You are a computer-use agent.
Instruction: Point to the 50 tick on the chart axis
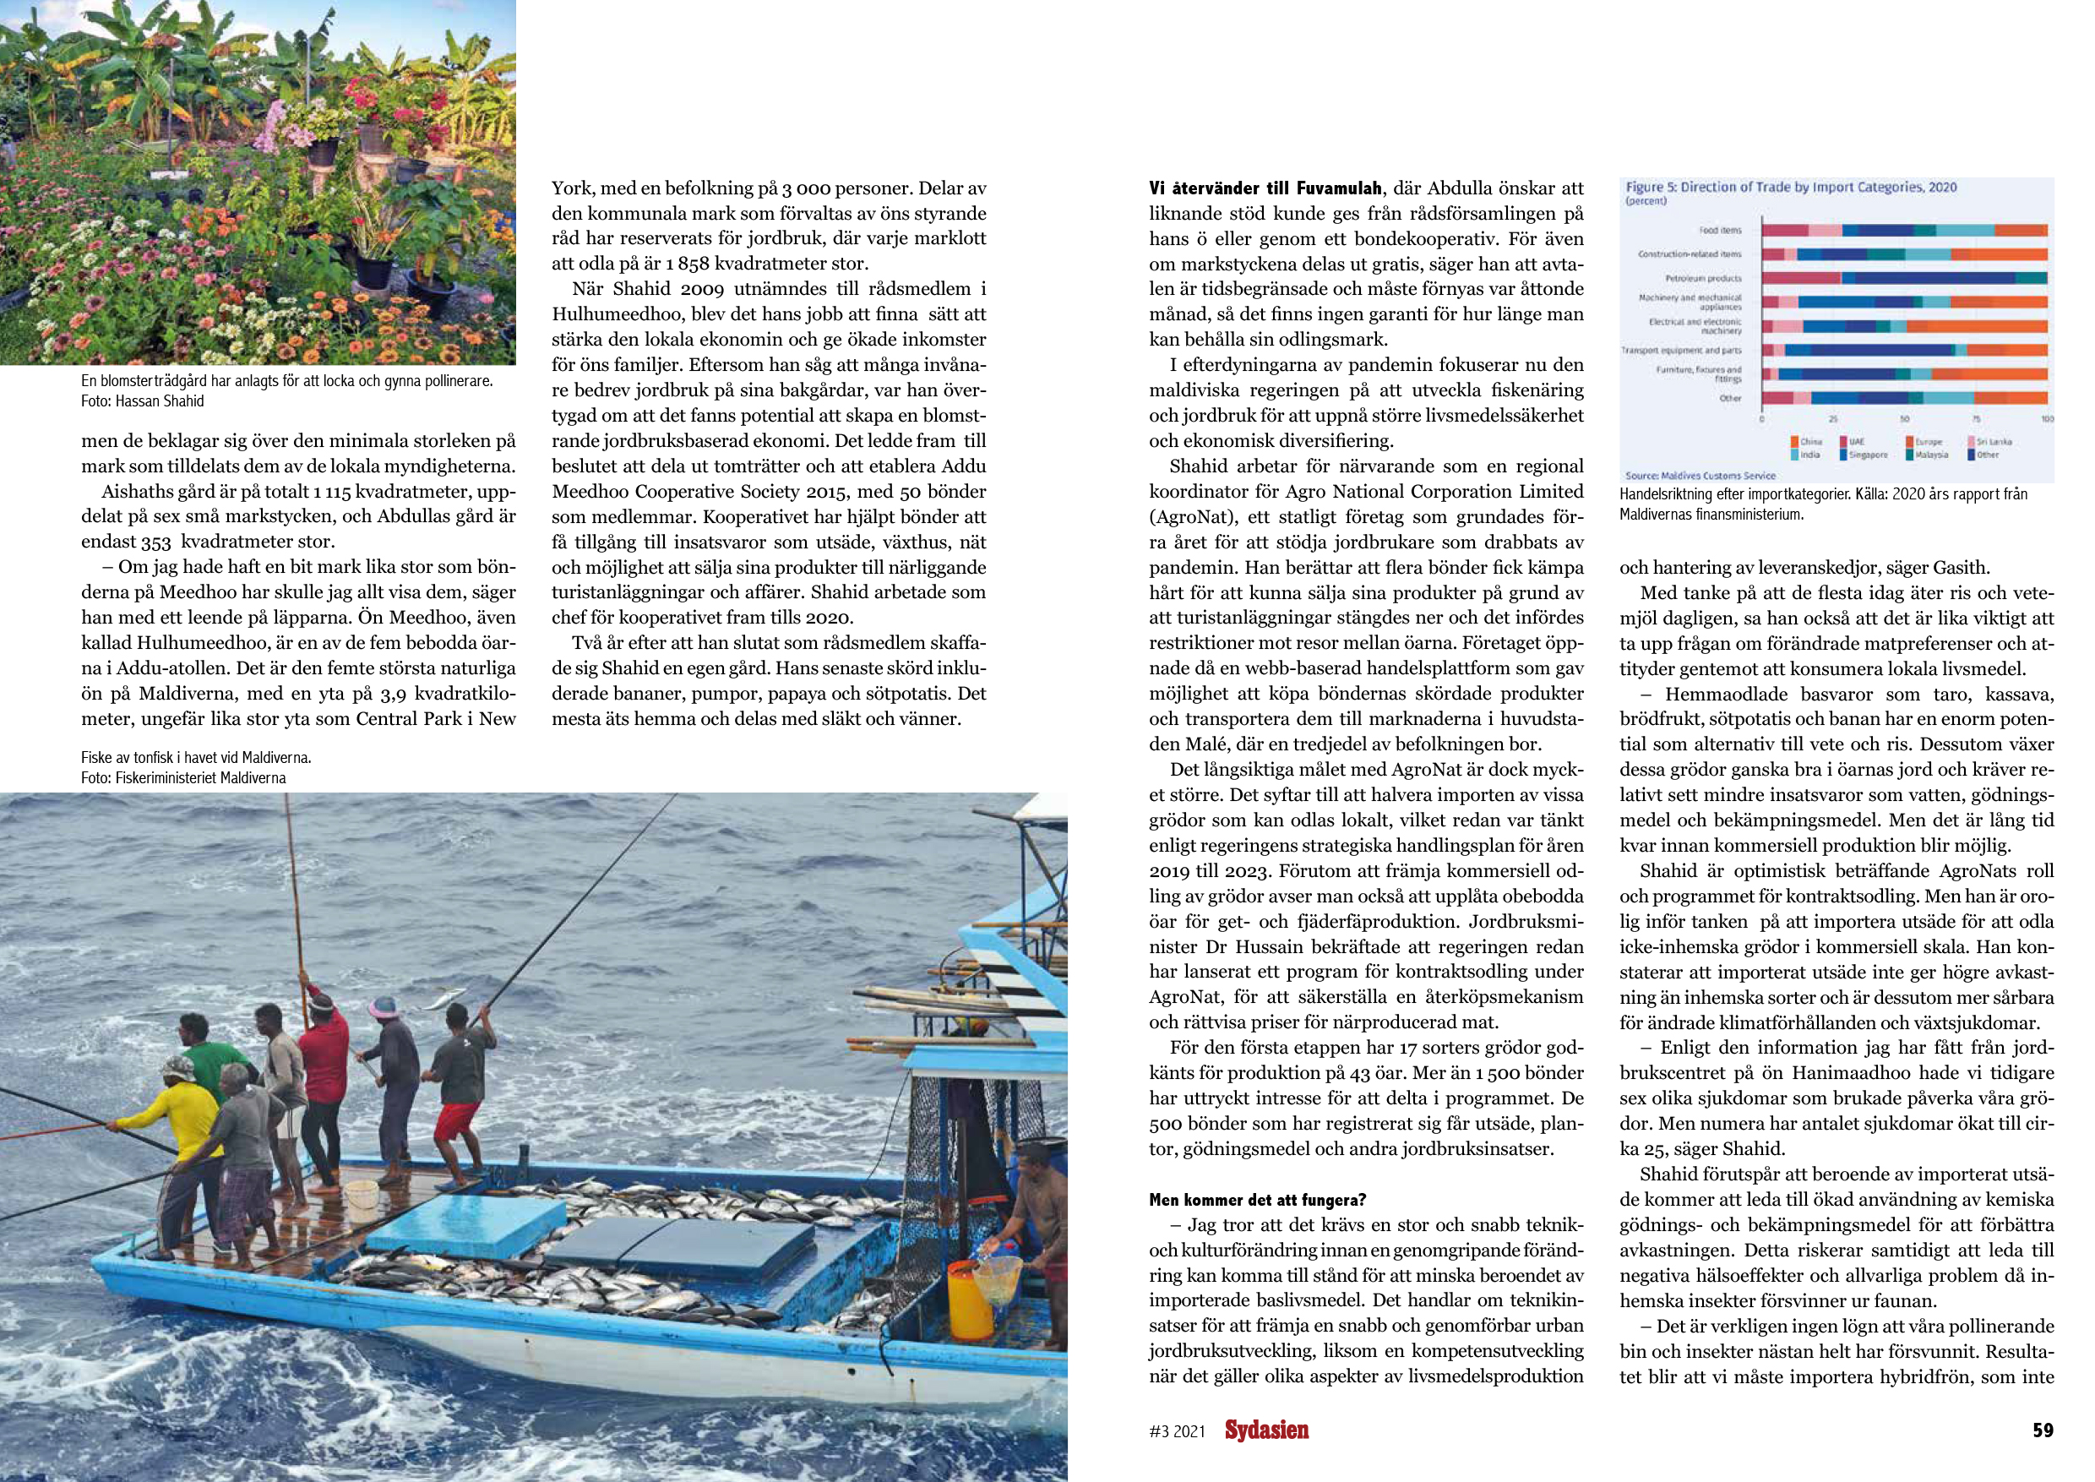coord(1904,419)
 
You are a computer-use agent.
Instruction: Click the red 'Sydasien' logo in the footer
coord(1265,1430)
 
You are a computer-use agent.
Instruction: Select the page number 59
coord(2042,1430)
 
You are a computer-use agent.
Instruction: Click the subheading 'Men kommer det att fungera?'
coord(1257,1200)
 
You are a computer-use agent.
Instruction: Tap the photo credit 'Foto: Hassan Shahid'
coord(143,401)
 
